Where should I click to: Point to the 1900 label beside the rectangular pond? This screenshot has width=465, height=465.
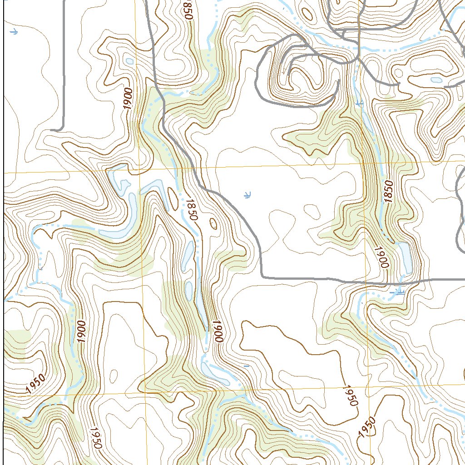tap(382, 257)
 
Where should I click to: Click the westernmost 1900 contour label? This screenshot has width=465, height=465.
tap(82, 331)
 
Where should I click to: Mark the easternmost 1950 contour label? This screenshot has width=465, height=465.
tap(368, 427)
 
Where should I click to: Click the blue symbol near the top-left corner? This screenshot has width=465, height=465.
tap(14, 32)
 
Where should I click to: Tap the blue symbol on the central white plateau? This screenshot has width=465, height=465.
tap(247, 195)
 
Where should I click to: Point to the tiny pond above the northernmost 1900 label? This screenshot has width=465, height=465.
tap(130, 61)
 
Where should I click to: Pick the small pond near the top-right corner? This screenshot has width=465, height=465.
tap(436, 80)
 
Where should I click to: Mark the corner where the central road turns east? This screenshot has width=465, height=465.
tap(262, 277)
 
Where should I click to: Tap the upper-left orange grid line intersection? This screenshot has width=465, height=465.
tap(139, 171)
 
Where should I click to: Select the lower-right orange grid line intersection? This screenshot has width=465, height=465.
tap(369, 387)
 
